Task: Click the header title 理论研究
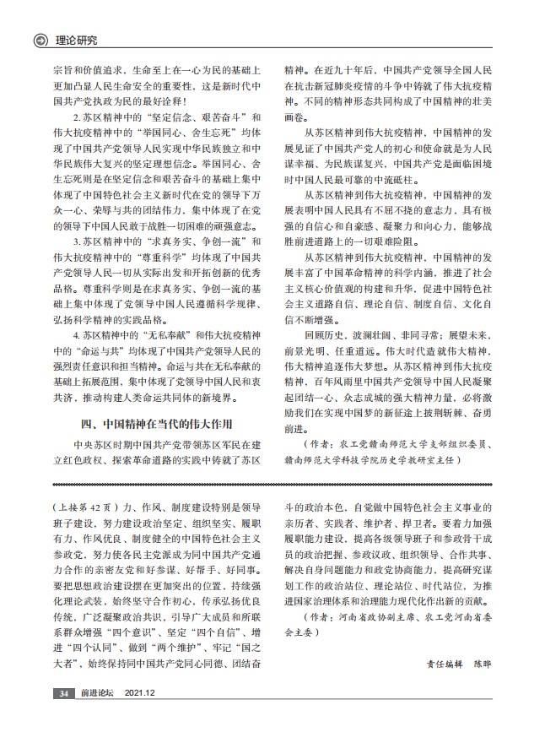click(76, 40)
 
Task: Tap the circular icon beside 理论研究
click(39, 40)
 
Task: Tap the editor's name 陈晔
click(480, 664)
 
